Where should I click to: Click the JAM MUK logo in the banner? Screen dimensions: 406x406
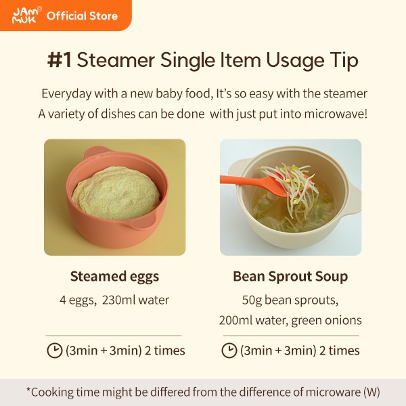[26, 16]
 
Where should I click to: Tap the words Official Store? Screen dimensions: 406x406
[82, 16]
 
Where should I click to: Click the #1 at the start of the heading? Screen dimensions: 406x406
[60, 60]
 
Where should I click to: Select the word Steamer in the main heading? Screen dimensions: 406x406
[116, 60]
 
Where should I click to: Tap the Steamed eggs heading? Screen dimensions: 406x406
[114, 277]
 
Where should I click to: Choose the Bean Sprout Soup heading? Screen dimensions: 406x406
[290, 277]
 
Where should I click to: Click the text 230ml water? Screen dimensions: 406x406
[135, 300]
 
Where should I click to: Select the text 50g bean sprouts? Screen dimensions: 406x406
[290, 300]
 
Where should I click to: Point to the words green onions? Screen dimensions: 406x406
[326, 321]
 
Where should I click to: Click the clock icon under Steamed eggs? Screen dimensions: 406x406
[55, 351]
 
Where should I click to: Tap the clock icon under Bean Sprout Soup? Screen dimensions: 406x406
[229, 351]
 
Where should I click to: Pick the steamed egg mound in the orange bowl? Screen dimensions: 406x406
[116, 194]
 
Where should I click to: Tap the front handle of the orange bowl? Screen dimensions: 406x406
[141, 222]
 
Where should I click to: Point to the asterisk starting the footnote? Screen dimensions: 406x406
[28, 390]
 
